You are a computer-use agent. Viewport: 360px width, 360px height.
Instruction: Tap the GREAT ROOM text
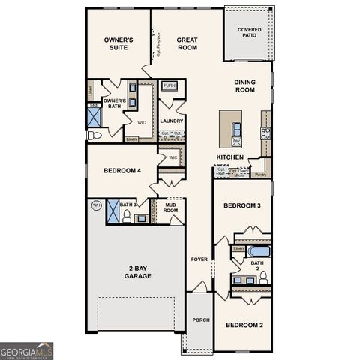[187, 43]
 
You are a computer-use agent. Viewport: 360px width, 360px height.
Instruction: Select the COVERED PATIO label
[250, 34]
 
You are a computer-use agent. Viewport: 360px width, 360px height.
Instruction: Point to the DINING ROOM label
[244, 86]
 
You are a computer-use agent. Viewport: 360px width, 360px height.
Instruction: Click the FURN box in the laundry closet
[169, 85]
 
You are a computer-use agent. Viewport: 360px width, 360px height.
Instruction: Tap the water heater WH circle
[96, 205]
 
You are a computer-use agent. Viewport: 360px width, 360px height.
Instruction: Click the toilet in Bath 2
[262, 277]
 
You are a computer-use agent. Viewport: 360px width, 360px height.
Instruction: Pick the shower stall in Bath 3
[113, 212]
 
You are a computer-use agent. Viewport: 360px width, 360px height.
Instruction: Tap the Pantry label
[260, 174]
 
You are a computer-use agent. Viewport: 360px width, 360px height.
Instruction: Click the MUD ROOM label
[170, 208]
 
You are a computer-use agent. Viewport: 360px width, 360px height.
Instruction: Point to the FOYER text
[199, 259]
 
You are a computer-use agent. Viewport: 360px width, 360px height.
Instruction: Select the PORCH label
[200, 320]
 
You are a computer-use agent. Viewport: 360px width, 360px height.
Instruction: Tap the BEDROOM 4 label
[121, 171]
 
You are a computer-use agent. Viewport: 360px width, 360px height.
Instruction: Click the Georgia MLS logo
[27, 350]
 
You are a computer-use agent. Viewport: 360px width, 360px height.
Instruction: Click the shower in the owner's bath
[94, 116]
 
